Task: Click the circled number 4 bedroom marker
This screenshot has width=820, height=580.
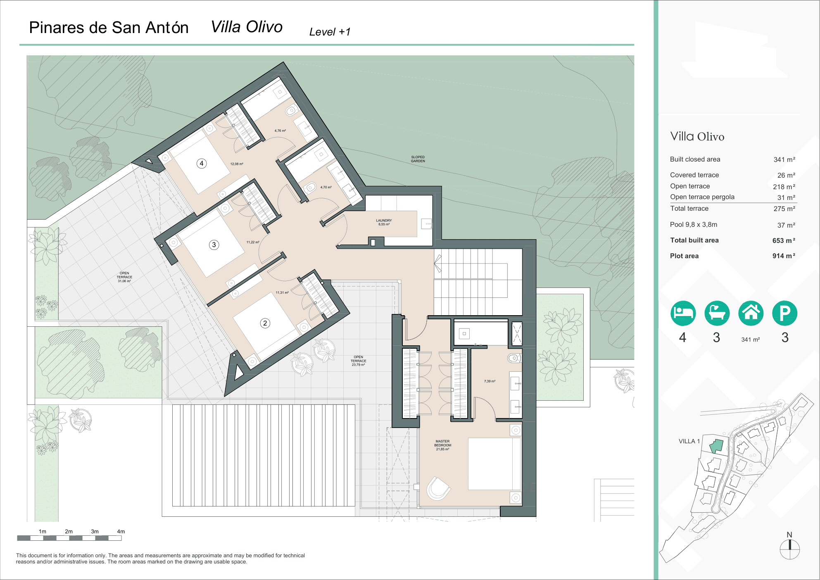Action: tap(201, 163)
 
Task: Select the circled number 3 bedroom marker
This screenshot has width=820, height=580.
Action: tap(214, 245)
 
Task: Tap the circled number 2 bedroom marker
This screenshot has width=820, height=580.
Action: tap(265, 323)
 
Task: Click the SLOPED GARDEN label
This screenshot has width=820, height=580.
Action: tap(418, 159)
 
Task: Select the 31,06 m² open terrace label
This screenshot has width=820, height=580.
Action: tap(124, 277)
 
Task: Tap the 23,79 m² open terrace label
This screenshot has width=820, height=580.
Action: tap(358, 361)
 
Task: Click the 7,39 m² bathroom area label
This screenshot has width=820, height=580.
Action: tap(490, 381)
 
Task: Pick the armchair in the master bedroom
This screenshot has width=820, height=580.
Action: tap(438, 489)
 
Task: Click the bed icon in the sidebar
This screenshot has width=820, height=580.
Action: tap(683, 313)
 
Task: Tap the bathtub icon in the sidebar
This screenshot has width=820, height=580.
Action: tap(717, 313)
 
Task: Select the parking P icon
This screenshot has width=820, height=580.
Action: tap(784, 313)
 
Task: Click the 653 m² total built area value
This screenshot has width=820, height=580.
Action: tap(783, 240)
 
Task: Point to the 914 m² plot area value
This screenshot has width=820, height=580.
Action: tap(783, 256)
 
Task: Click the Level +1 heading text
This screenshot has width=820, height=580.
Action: tap(330, 32)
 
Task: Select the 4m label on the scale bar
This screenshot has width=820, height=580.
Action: tap(121, 532)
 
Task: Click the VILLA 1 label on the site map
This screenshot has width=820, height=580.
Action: tap(689, 441)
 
